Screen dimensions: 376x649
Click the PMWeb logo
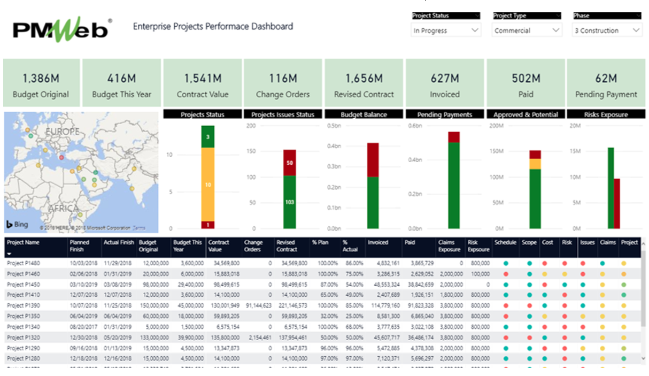click(x=62, y=29)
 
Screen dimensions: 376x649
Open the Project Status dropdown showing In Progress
click(x=446, y=30)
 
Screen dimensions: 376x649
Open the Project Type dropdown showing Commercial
click(x=526, y=30)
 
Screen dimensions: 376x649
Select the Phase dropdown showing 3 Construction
click(x=607, y=30)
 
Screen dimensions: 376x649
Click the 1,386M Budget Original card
click(x=41, y=83)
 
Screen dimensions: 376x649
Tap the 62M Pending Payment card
click(x=606, y=83)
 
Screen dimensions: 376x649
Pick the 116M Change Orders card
click(x=283, y=83)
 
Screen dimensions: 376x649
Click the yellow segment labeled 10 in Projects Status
click(x=208, y=184)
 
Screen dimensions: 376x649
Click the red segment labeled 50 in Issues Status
click(x=289, y=163)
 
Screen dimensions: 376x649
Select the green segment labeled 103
click(x=289, y=202)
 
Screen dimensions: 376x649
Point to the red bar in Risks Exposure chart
click(x=616, y=203)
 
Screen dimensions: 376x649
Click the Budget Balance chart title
click(x=364, y=114)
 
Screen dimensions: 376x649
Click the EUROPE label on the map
click(x=62, y=131)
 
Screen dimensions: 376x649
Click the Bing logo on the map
click(x=17, y=224)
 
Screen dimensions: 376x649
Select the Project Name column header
click(x=24, y=242)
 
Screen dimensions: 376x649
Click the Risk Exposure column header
click(x=478, y=245)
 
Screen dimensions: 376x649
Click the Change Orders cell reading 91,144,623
click(x=258, y=305)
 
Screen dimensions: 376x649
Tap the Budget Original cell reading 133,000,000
click(x=153, y=337)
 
